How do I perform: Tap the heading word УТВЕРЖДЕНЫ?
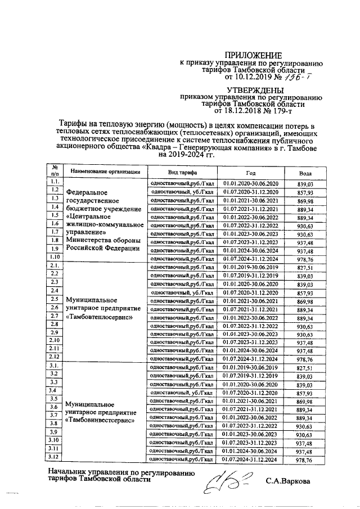250,89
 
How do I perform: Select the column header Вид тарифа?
182,170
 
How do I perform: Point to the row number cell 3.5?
55,399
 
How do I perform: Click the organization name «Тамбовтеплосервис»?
99,317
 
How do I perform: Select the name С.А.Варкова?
287,481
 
